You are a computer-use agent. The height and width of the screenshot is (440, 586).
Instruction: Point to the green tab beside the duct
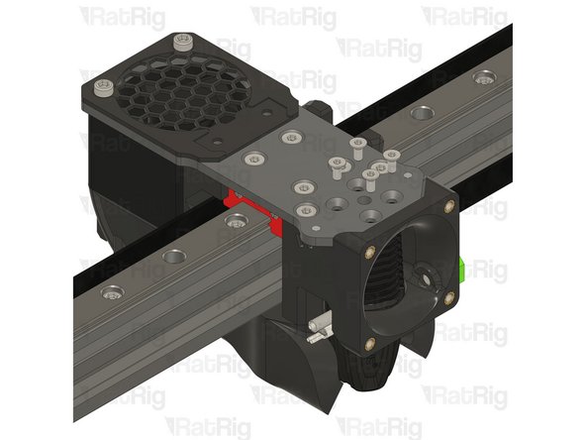click(464, 269)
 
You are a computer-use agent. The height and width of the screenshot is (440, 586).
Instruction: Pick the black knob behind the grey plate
click(320, 106)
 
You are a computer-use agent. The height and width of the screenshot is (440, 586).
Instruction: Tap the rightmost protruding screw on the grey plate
click(392, 156)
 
